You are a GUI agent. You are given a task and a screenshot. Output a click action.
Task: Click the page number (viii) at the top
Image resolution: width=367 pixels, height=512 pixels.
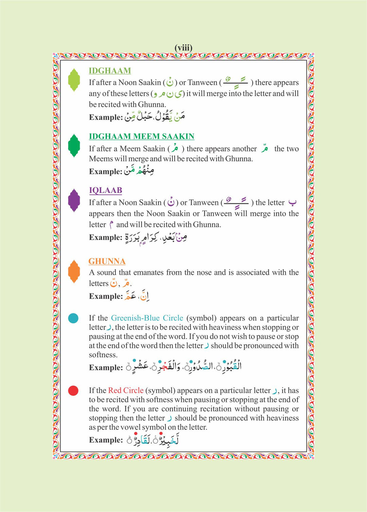pos(183,48)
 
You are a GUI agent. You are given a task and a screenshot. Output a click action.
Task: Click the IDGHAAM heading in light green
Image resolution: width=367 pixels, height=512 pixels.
pos(110,71)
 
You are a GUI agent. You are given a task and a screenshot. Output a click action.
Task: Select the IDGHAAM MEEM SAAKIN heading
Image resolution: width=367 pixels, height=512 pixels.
pos(141,136)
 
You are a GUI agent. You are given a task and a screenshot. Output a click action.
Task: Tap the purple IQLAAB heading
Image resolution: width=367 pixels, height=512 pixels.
pos(105,190)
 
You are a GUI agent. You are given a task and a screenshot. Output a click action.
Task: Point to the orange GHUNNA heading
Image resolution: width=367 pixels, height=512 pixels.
pos(107,261)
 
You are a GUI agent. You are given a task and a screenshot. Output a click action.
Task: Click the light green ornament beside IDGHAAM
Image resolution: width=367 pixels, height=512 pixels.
pos(74,80)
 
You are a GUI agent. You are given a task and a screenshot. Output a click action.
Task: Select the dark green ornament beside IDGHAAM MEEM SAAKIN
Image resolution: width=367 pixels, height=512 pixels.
pos(74,145)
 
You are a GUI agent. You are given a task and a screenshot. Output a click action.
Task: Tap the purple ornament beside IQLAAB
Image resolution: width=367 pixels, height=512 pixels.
pos(74,200)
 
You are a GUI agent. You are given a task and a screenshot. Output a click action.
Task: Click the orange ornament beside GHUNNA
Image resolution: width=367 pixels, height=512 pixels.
pos(74,271)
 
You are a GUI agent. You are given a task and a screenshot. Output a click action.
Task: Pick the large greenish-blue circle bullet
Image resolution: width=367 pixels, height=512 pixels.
pos(73,318)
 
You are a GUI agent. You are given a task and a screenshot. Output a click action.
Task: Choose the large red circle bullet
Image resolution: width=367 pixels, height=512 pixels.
pos(73,391)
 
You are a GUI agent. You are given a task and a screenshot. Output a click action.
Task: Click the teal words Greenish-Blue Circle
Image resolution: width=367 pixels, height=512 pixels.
pos(147,318)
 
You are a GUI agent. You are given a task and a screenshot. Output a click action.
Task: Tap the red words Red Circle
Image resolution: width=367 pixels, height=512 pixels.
pos(126,390)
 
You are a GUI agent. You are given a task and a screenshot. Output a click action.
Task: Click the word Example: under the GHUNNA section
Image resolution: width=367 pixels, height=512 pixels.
pos(106,296)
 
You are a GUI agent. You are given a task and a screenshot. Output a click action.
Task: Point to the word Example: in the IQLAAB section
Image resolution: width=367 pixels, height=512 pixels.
pos(106,237)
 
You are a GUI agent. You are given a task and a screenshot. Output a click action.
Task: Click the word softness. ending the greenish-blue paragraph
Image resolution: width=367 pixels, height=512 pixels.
pos(103,355)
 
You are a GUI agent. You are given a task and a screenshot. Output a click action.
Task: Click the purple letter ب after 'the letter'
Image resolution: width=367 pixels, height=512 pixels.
pos(292,203)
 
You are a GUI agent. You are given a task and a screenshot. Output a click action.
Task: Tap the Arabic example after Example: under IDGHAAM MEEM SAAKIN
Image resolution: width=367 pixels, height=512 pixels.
pos(139,170)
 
